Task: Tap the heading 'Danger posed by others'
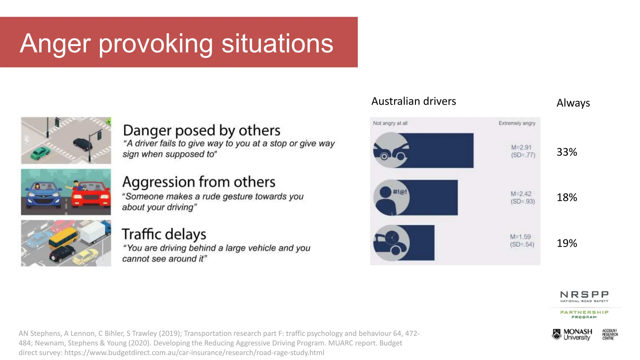point(202,131)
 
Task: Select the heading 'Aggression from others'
point(199,182)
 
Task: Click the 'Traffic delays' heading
point(164,234)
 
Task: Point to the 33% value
point(567,152)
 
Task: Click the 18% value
point(567,197)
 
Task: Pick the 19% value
point(567,243)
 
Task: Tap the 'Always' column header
point(573,103)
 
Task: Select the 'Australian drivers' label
point(413,101)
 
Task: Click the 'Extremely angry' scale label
point(517,123)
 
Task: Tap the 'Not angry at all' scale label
point(390,123)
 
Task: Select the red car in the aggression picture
point(91,195)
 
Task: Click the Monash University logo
point(572,334)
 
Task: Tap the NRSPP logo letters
point(584,295)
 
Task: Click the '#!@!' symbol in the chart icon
point(400,192)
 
